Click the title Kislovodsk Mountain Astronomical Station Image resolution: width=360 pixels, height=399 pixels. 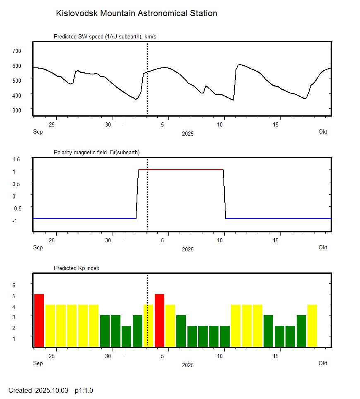pos(136,13)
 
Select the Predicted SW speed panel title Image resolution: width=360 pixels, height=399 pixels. pos(105,37)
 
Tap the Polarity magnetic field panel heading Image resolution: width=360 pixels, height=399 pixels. pos(96,152)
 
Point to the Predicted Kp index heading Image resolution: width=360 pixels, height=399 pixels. pos(77,268)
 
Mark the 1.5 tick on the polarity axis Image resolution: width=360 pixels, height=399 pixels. pos(17,159)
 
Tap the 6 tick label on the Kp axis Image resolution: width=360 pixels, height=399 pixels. pos(13,285)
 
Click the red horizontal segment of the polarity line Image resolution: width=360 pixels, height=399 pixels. pos(181,170)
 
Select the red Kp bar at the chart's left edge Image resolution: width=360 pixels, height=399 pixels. pos(39,320)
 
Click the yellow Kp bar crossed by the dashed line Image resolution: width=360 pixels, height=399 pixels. pos(148,326)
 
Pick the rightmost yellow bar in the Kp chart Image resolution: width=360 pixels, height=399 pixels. pos(312,326)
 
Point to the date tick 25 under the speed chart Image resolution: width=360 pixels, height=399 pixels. pos(52,124)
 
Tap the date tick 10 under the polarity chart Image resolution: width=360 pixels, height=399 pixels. pos(223,240)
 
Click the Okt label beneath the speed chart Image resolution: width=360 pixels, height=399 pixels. pos(323,132)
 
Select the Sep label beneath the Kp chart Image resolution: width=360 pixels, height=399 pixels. pos(38,363)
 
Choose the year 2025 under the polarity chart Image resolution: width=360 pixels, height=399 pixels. pos(187,249)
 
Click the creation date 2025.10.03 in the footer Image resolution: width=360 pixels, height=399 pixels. pos(51,390)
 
